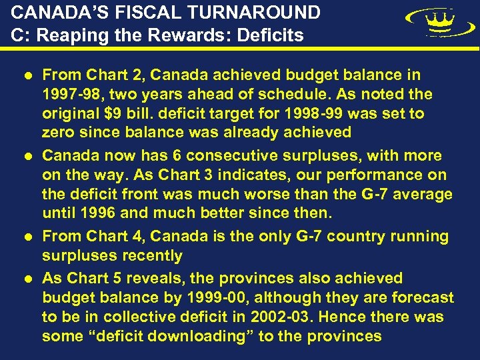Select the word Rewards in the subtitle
pos(199,35)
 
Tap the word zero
pos(59,132)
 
